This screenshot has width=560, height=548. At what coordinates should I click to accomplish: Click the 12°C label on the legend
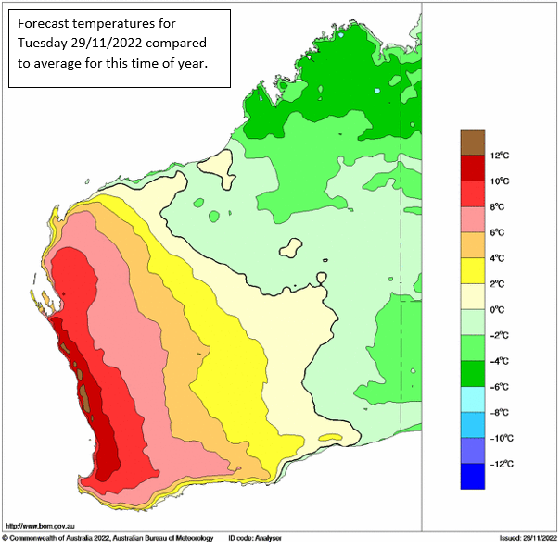tap(500, 156)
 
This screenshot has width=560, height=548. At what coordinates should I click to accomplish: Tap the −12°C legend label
tap(502, 464)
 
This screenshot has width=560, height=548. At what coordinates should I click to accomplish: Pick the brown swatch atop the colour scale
tap(474, 142)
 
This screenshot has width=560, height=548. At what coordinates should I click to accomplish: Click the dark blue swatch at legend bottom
tap(474, 476)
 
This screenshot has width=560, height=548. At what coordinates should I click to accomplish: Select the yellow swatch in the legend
tap(474, 270)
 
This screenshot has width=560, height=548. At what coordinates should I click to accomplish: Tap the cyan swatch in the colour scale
tap(474, 399)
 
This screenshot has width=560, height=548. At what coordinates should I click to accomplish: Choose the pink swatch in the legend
tap(474, 218)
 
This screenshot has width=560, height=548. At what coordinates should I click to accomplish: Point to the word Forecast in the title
tap(45, 23)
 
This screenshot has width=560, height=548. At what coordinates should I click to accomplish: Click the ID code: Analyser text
tap(254, 538)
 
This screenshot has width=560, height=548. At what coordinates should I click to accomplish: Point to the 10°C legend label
tap(500, 181)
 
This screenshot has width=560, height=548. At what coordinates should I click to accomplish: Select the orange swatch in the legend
tap(474, 244)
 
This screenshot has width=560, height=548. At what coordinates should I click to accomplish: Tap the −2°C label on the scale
tap(501, 335)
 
